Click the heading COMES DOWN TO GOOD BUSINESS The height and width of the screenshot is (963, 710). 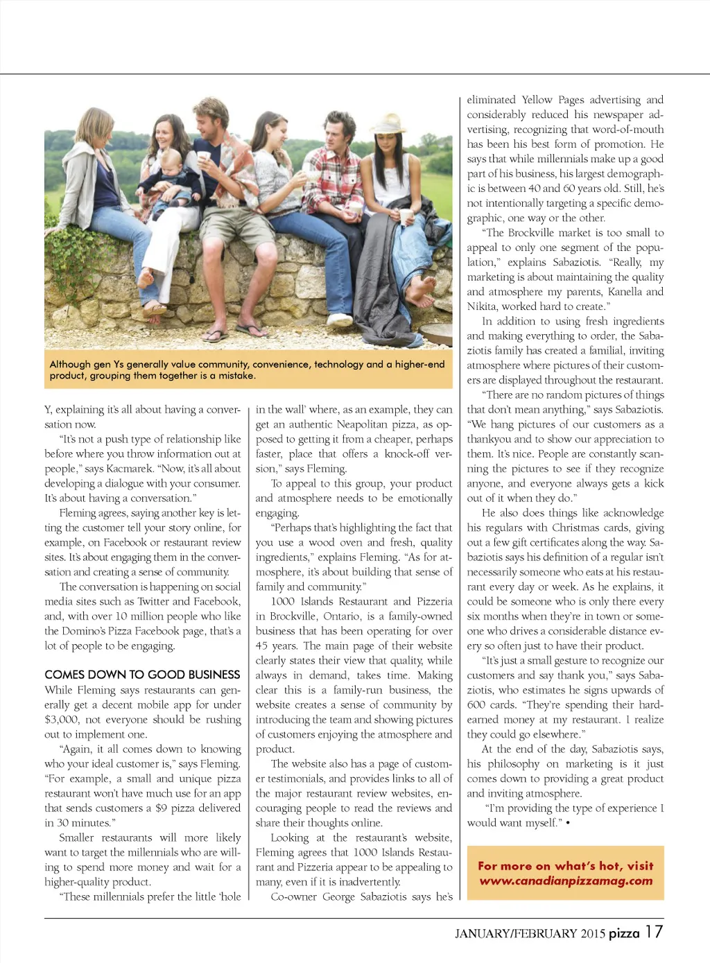(142, 675)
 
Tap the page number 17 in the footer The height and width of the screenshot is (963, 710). (654, 932)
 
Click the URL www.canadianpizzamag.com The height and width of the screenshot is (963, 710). (566, 880)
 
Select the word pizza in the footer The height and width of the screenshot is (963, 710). (624, 933)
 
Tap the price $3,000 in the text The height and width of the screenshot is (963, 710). (63, 720)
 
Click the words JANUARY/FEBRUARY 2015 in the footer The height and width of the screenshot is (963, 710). (530, 934)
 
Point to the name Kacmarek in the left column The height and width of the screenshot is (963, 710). (128, 469)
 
